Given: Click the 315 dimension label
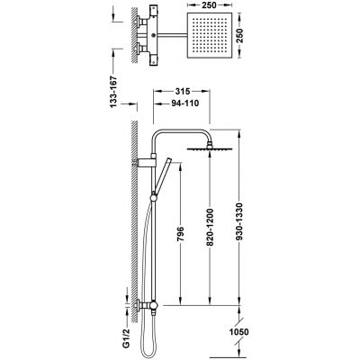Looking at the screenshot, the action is (x=182, y=91).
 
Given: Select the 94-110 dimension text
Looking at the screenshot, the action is (x=185, y=103).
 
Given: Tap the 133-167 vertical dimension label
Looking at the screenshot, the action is (x=113, y=92).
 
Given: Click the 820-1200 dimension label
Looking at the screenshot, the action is (x=210, y=227).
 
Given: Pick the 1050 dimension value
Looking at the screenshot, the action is (x=238, y=332).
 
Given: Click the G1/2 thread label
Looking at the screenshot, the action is (x=127, y=339).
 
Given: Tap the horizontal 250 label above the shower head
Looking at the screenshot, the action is (x=210, y=5).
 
